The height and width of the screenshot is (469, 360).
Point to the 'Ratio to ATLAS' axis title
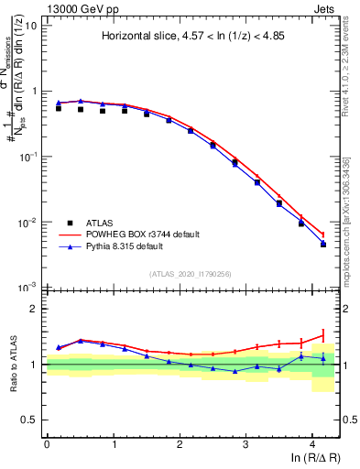(12, 364)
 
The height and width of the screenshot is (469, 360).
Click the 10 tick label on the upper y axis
(29, 26)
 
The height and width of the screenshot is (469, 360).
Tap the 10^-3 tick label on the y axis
(27, 288)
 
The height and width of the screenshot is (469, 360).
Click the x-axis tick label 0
(47, 443)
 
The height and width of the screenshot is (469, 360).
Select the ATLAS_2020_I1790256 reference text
(191, 274)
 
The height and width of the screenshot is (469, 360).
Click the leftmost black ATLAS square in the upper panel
(59, 108)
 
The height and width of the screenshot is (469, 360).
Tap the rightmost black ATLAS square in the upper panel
(323, 244)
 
